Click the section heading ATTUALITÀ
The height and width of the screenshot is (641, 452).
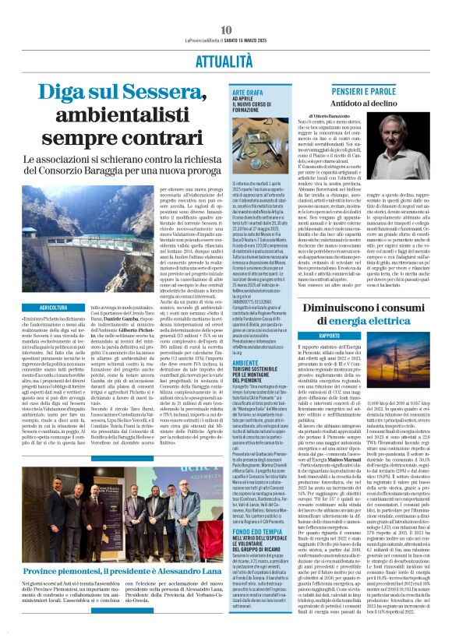(226, 60)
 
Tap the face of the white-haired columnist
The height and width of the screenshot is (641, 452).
(409, 152)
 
